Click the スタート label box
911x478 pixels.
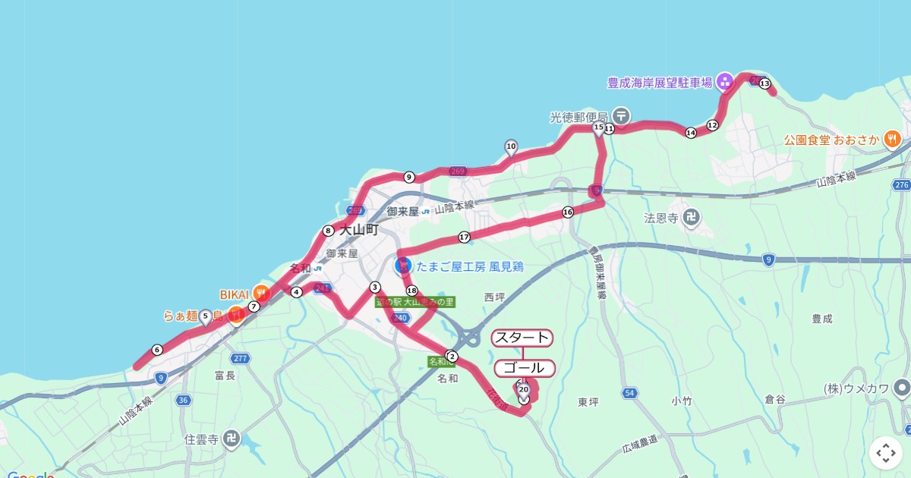coord(522,338)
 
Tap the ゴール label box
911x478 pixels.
coord(525,369)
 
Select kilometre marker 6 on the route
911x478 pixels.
coord(157,350)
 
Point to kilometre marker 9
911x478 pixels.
coord(409,178)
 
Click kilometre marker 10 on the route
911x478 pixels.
coord(511,146)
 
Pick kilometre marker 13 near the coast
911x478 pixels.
coord(764,83)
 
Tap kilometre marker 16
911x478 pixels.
coord(567,212)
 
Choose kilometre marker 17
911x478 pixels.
coord(464,237)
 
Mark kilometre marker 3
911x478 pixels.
coord(374,287)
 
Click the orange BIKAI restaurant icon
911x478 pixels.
coord(260,291)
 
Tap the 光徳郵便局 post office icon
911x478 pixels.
coord(621,116)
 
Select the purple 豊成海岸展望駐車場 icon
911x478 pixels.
coord(725,81)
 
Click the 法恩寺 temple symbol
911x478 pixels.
coord(691,218)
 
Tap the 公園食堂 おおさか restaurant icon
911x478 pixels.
coord(891,140)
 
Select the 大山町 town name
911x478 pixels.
coord(358,229)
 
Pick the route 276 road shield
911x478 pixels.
coord(901,185)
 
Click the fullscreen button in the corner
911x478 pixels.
coord(885,453)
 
